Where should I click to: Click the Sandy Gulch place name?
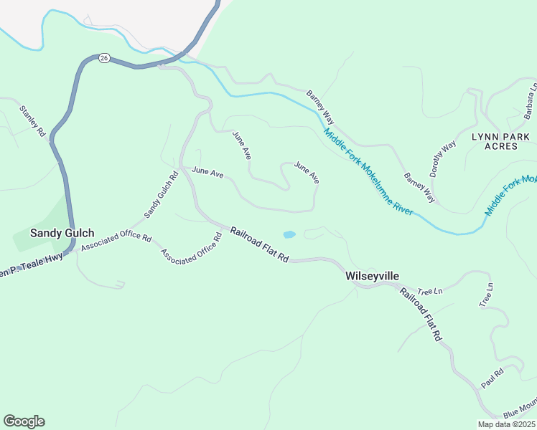pos(62,233)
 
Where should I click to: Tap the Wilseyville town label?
pos(372,276)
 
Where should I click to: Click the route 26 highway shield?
pos(104,59)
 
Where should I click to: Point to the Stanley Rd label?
pos(32,122)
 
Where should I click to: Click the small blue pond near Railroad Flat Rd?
pos(289,234)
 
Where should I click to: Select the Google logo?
pos(24,421)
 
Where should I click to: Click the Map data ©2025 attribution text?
pos(506,424)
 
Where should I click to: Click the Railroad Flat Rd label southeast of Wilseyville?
pos(420,314)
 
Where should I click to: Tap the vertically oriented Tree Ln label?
pos(486,295)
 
